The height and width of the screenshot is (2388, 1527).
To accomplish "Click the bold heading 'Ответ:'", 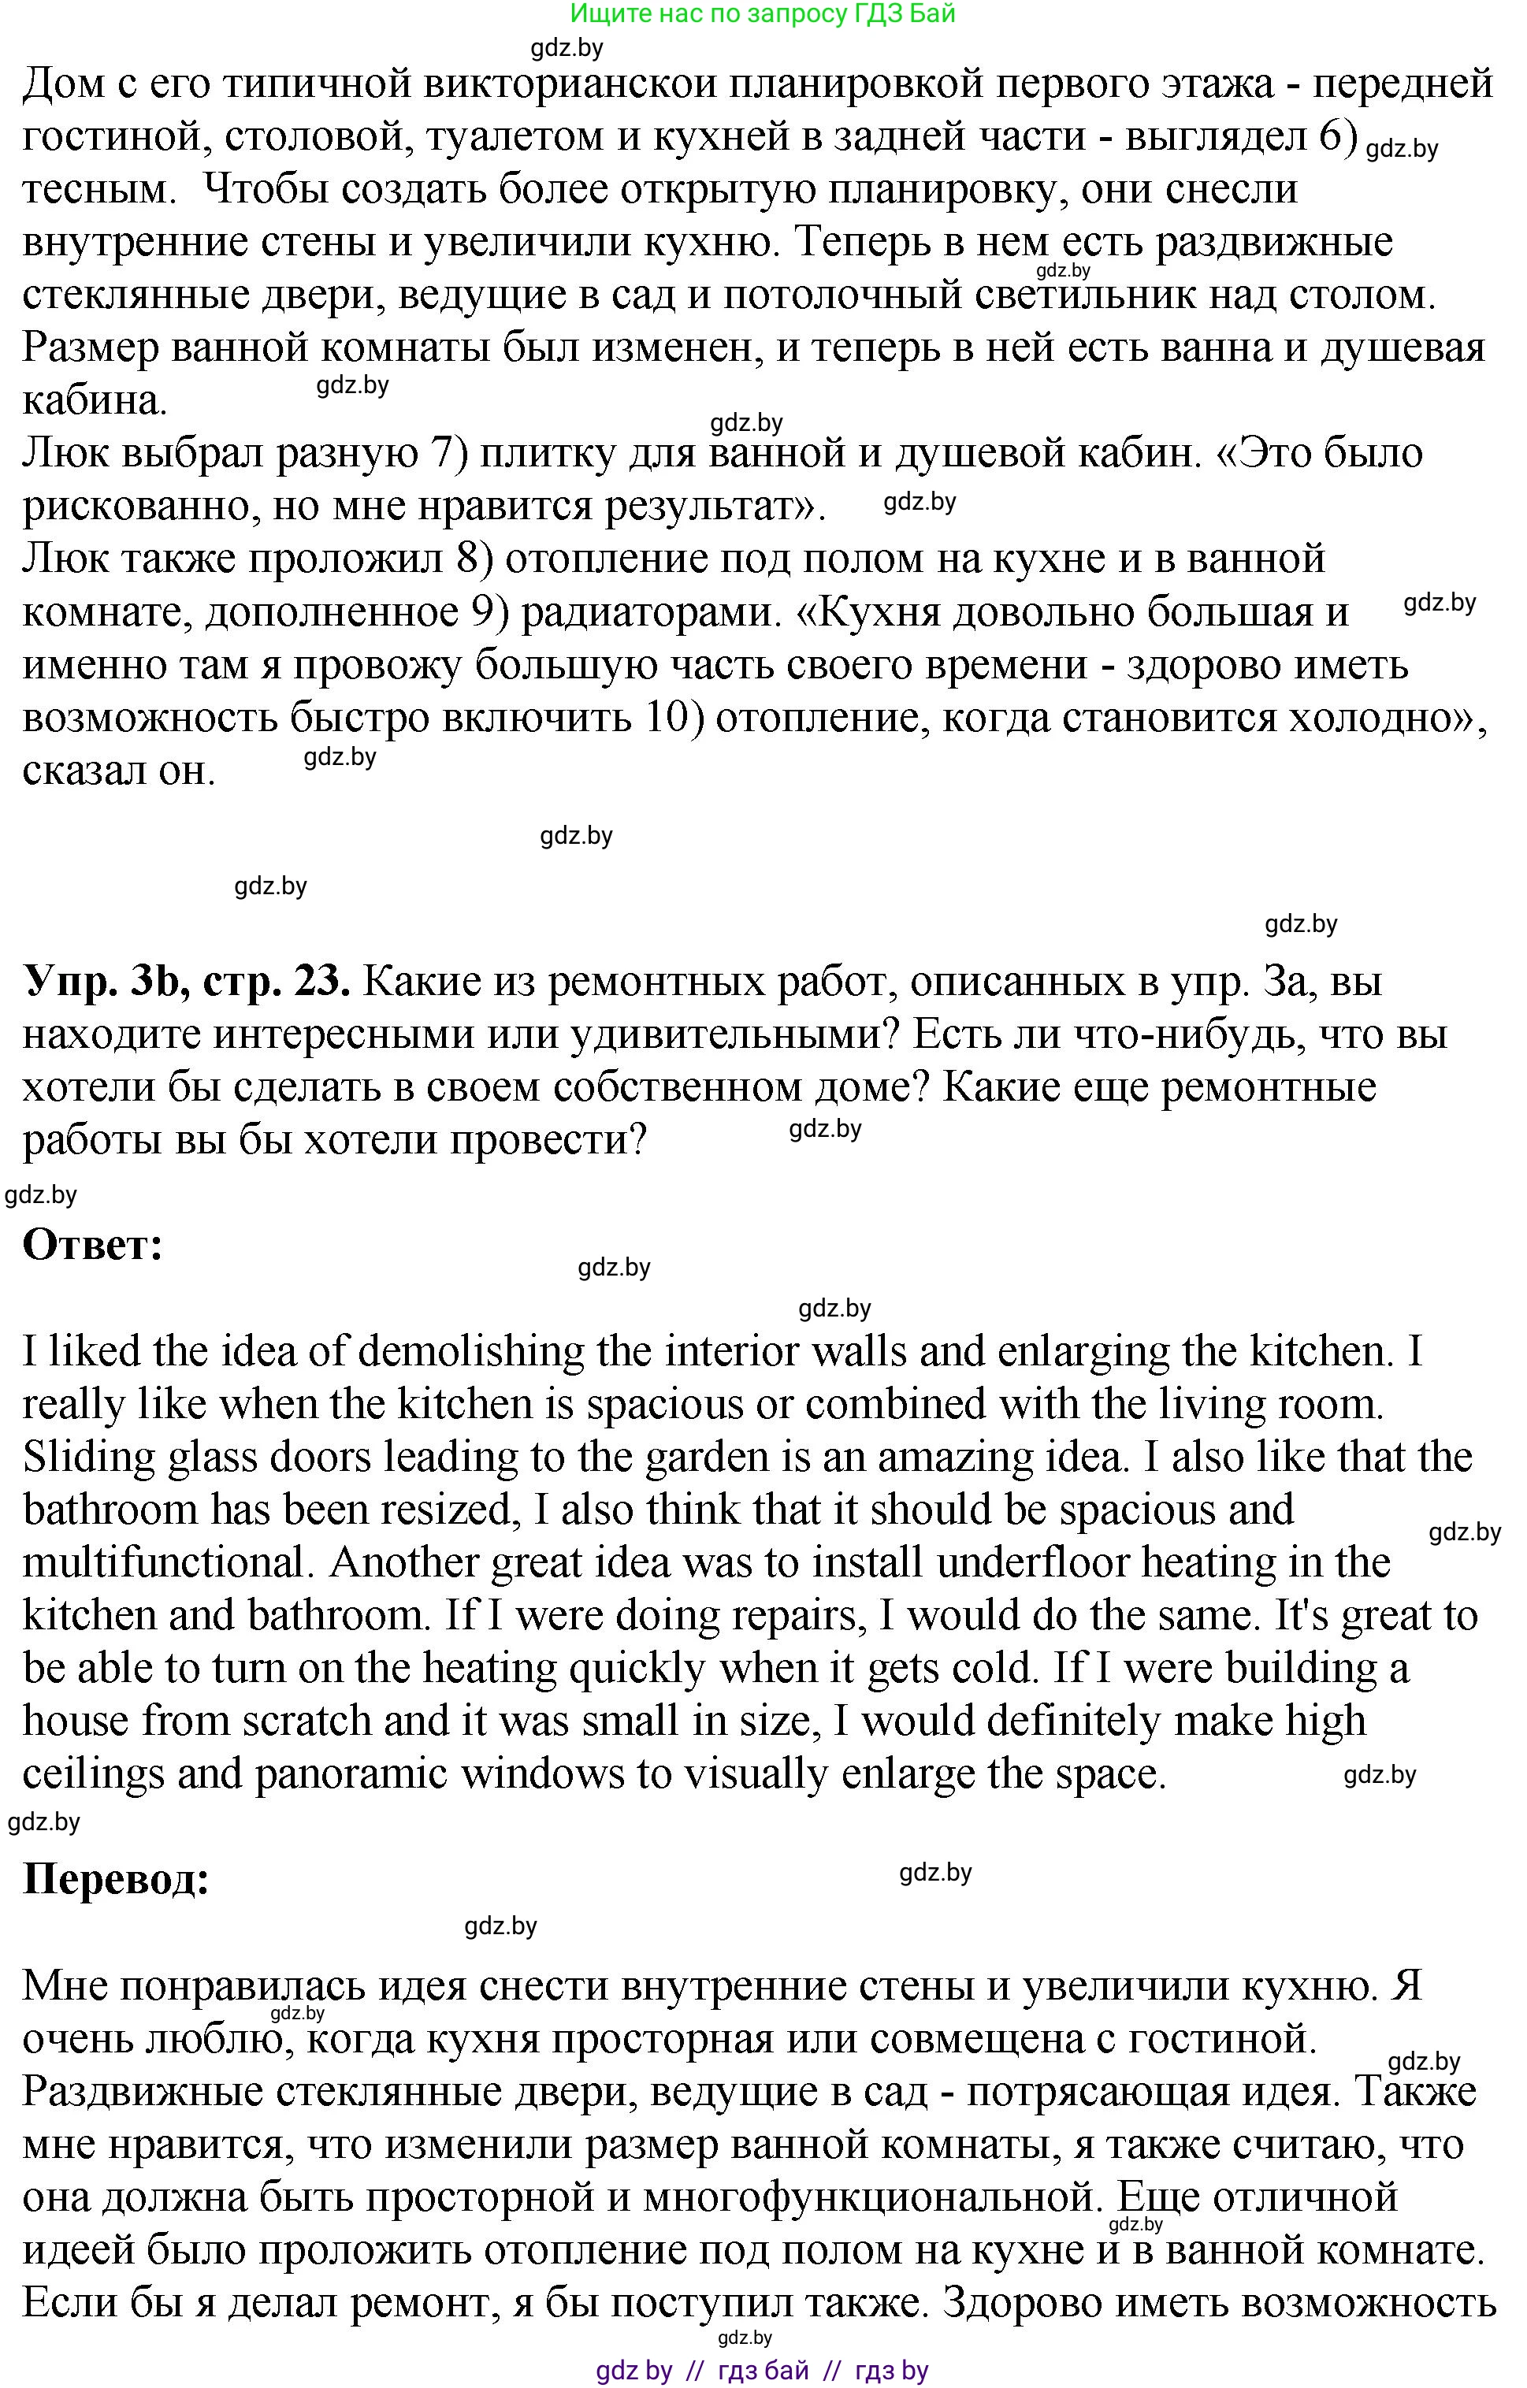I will coord(92,1246).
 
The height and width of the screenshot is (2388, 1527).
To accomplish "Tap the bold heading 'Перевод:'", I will coord(116,1878).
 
